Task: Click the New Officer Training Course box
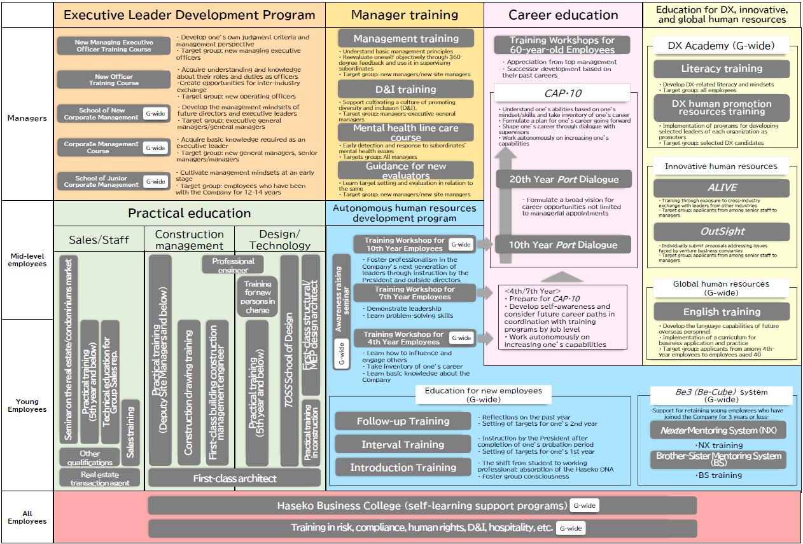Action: (114, 79)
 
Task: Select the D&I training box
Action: (405, 89)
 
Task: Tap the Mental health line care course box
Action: (405, 132)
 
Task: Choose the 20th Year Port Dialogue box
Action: (562, 179)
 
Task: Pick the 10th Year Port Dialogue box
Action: (562, 245)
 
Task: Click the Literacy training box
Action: (721, 69)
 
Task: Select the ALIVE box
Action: (721, 187)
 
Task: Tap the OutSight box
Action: (721, 232)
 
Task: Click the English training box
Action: (721, 311)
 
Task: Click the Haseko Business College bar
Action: (422, 506)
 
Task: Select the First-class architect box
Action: (235, 478)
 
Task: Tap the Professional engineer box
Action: (233, 265)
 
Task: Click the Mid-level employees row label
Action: (27, 260)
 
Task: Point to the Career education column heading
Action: (563, 15)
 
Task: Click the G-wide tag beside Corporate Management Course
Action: (155, 147)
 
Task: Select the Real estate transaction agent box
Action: (101, 479)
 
